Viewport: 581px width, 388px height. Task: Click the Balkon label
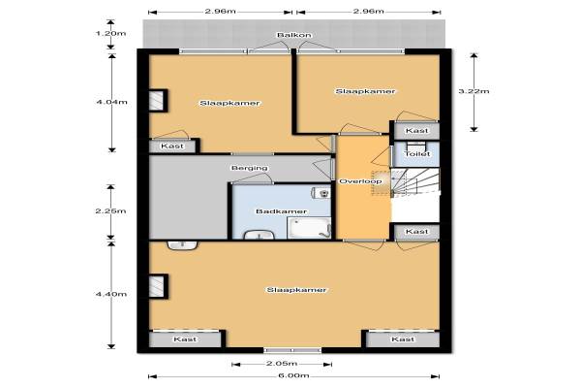[294, 35]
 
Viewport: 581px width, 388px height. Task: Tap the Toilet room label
[417, 153]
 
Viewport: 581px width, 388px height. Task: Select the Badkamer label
[281, 211]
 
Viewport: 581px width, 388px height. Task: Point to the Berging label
[250, 168]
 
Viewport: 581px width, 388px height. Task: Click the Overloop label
[360, 181]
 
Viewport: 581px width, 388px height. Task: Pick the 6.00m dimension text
[293, 375]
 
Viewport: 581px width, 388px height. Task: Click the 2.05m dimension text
[282, 364]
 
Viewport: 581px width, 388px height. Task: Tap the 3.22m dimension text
[474, 91]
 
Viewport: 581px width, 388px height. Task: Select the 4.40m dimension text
[111, 294]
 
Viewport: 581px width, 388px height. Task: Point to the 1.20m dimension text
[110, 33]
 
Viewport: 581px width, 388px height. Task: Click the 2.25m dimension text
[110, 210]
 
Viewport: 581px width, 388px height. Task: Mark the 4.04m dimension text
[111, 102]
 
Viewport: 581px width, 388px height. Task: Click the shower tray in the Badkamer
[309, 228]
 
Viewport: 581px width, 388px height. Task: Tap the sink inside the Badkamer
[259, 235]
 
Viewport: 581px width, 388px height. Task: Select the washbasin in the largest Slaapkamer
[182, 245]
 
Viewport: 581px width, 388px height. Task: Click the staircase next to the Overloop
[415, 181]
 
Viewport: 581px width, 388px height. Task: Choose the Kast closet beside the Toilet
[416, 131]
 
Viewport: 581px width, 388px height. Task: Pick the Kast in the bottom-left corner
[185, 339]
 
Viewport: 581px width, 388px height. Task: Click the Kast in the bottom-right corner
[403, 339]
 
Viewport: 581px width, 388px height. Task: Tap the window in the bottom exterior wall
[292, 350]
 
